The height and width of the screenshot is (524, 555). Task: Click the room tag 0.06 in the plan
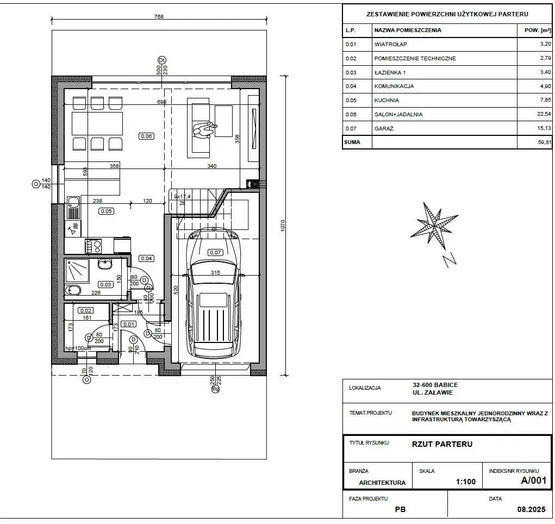click(146, 136)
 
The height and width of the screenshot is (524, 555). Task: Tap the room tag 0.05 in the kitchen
click(106, 211)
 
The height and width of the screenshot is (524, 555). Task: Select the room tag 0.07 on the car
click(215, 252)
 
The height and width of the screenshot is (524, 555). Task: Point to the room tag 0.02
click(86, 310)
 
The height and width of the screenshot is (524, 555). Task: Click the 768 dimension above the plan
click(159, 16)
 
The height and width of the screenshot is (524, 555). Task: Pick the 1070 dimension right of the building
click(283, 226)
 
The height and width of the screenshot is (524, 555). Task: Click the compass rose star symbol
click(434, 226)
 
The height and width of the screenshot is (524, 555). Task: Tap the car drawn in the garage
click(214, 292)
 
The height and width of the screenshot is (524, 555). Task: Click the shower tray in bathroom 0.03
click(77, 271)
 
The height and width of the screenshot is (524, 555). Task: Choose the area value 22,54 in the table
click(544, 114)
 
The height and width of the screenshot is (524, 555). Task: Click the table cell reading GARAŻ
click(384, 128)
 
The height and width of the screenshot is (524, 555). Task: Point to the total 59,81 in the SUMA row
click(544, 142)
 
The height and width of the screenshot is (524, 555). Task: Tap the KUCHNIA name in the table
click(386, 100)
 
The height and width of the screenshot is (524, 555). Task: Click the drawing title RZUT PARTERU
click(442, 444)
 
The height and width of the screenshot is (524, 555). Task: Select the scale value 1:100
click(465, 482)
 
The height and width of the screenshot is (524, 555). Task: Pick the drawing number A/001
click(533, 480)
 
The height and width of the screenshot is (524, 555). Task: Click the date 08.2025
click(531, 509)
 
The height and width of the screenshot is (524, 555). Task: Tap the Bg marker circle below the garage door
click(215, 389)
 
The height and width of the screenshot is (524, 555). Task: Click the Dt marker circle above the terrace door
click(162, 60)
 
